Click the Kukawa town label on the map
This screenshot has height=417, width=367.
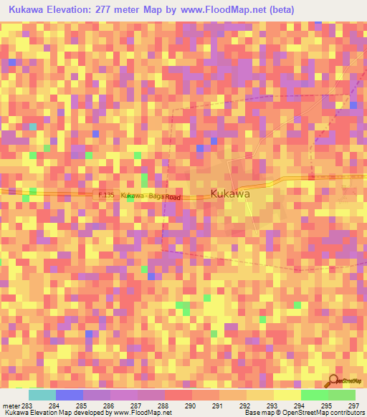[230, 194]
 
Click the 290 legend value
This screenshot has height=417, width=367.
[191, 406]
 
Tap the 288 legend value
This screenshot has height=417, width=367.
[164, 406]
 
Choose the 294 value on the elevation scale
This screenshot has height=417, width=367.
[300, 406]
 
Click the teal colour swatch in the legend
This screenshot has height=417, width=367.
[42, 395]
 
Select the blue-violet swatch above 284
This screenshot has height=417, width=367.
[70, 395]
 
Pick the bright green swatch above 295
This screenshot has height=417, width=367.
[315, 395]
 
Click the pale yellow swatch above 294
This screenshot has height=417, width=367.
[287, 395]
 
